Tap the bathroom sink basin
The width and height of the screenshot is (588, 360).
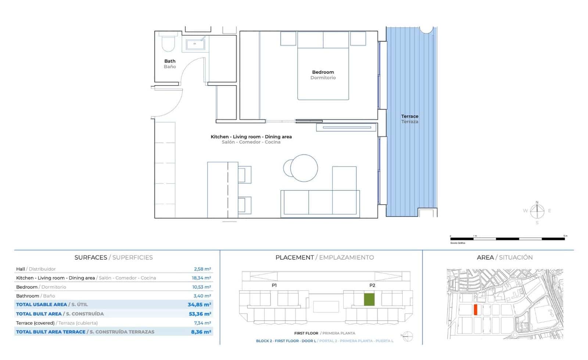pos(195,45)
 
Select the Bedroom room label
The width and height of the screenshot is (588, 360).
pos(323,72)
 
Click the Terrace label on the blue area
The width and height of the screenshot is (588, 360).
pos(410,116)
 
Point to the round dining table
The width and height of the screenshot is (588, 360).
pos(304,168)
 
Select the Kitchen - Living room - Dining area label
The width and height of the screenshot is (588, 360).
pos(251,137)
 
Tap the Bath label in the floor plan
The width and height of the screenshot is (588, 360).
pos(170,61)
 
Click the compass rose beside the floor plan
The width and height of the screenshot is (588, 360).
pos(537,211)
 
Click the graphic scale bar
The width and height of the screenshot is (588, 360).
pos(507,239)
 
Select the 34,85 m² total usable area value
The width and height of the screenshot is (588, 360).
pos(199,305)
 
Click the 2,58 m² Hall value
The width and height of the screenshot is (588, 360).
pos(202,269)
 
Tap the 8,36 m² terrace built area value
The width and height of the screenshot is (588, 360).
pos(201,332)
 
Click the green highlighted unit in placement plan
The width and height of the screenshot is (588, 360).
pos(369,300)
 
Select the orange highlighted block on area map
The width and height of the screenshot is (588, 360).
pos(475,310)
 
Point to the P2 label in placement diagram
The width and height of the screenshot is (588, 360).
pos(372,285)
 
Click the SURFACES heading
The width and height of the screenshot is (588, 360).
pos(91,258)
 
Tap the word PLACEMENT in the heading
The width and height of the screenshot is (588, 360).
pos(294,258)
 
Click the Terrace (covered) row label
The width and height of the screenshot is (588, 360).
pos(35,323)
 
